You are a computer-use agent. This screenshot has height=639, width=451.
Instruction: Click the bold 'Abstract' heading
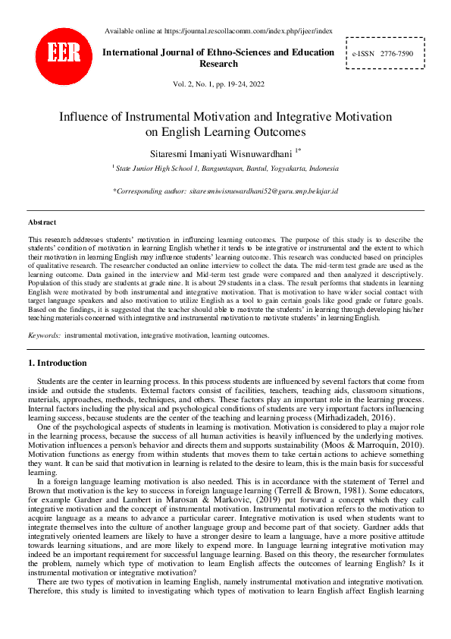point(42,222)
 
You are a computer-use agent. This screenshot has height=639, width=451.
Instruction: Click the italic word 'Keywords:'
point(44,335)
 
